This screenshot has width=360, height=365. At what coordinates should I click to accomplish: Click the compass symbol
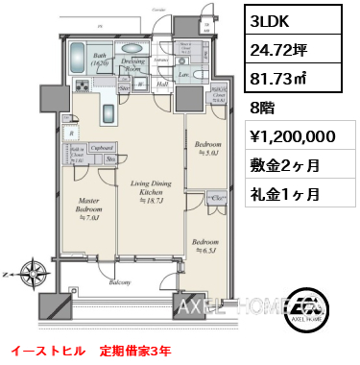(33, 272)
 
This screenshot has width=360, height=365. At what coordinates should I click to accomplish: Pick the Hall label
(164, 84)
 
